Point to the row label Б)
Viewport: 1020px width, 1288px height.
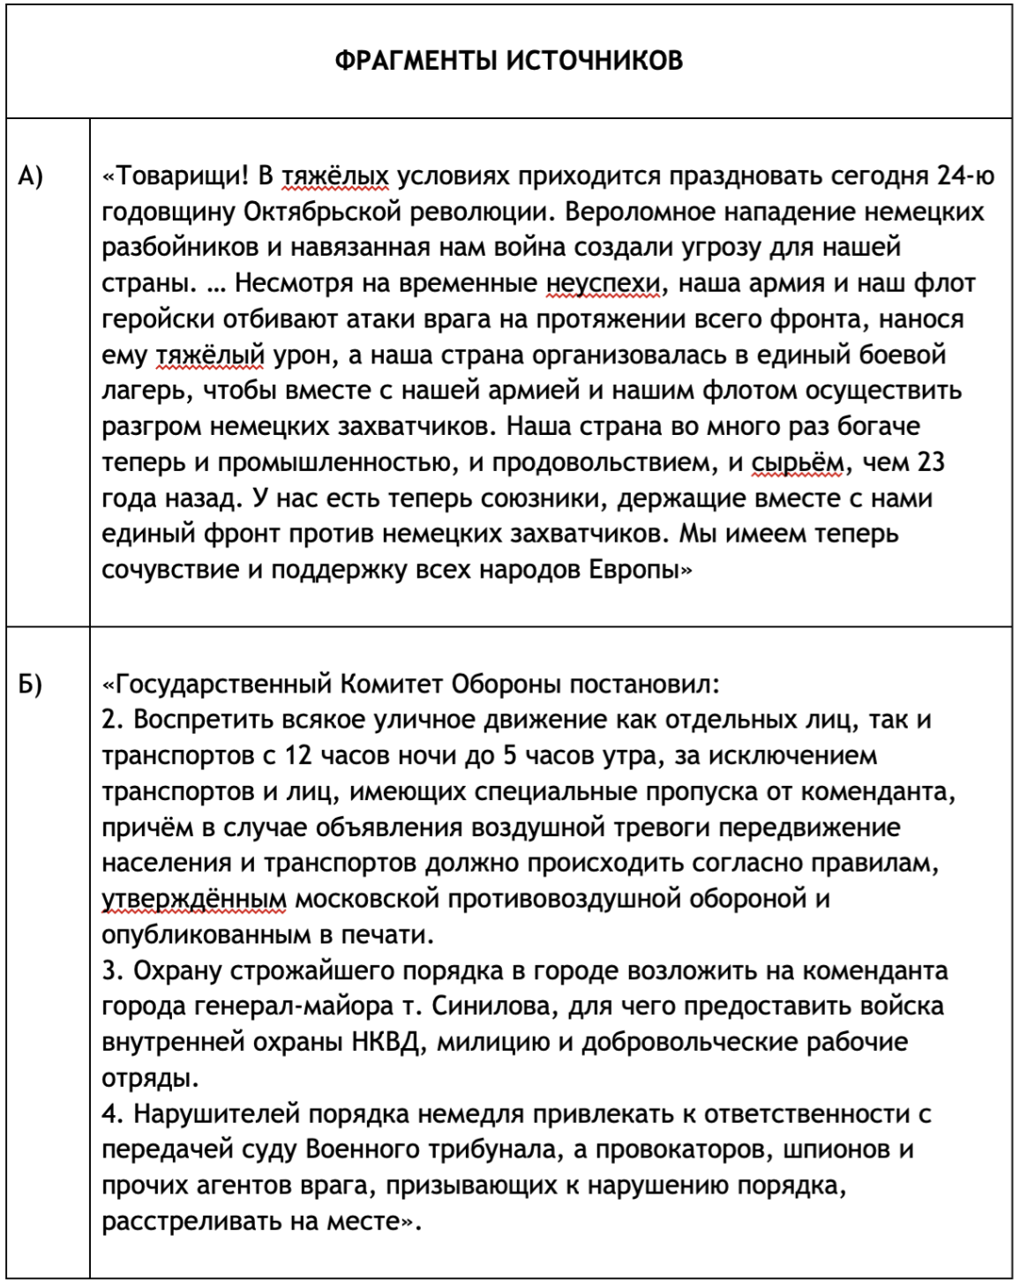[x=30, y=685]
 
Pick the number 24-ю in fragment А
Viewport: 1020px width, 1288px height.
[x=965, y=176]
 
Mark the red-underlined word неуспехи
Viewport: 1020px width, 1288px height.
[x=603, y=284]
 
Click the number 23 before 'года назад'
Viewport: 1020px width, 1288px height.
[x=931, y=462]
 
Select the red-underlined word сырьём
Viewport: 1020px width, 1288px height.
[x=798, y=462]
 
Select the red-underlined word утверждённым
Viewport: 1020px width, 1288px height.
[x=194, y=899]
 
